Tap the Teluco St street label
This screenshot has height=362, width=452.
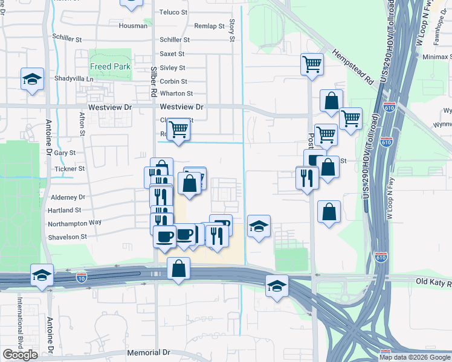pyautogui.click(x=174, y=12)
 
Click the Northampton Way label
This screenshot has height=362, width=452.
pyautogui.click(x=75, y=223)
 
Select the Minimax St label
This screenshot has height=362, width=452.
pyautogui.click(x=436, y=56)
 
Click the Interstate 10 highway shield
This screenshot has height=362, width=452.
pyautogui.click(x=82, y=278)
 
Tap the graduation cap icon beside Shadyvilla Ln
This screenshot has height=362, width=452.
pyautogui.click(x=32, y=79)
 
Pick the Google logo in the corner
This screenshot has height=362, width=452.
pyautogui.click(x=20, y=355)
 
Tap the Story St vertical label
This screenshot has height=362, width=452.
pyautogui.click(x=231, y=30)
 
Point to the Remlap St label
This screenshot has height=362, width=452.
pyautogui.click(x=210, y=26)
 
